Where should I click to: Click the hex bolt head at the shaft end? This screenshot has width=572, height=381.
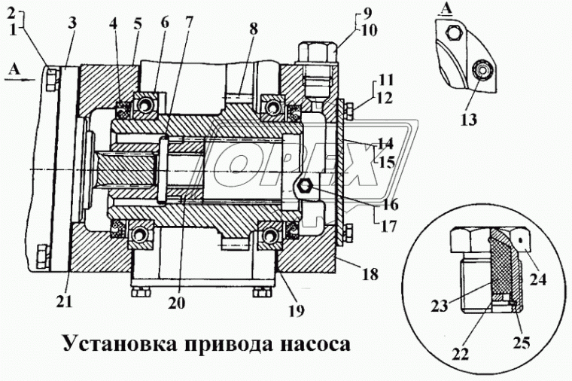tap(306, 185)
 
